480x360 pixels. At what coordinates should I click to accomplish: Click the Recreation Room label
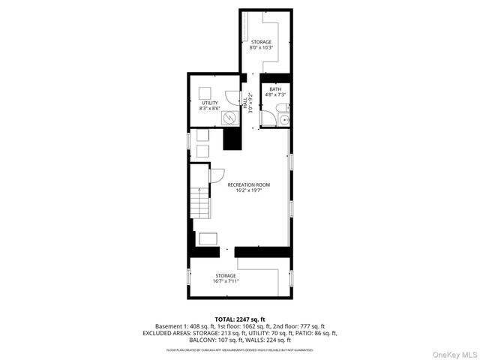tap(249, 184)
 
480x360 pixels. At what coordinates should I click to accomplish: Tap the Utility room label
tap(209, 103)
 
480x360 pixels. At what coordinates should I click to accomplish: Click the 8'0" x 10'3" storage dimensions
tap(261, 48)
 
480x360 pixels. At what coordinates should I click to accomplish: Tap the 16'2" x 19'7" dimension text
tap(249, 190)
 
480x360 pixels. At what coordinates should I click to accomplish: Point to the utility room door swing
tap(232, 97)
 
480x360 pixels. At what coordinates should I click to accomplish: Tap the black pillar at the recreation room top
tap(232, 139)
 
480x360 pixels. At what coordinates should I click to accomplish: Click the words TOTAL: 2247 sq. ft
tap(240, 319)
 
